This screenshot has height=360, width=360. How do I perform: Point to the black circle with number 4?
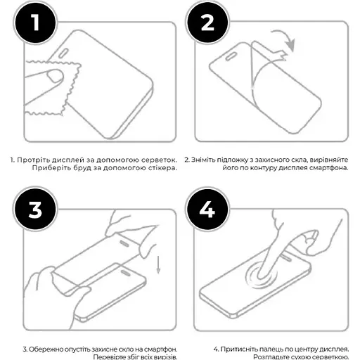[206, 210]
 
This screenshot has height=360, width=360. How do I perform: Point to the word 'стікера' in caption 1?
[160, 169]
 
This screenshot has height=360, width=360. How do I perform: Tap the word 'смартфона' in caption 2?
[329, 169]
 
